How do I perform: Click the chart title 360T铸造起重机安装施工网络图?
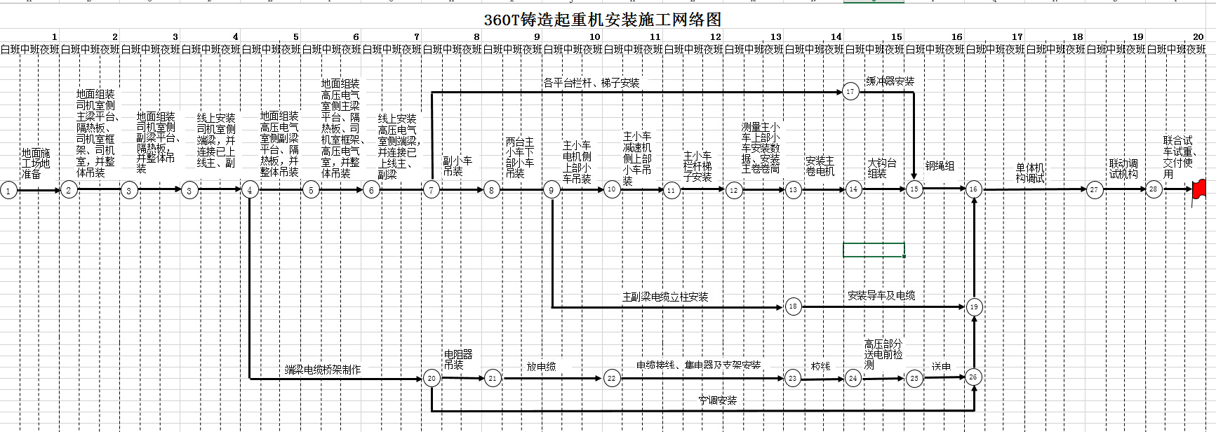602,20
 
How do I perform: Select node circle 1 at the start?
8,190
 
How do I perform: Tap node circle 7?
432,189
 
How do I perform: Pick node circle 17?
850,92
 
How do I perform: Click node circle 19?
973,306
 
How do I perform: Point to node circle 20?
432,378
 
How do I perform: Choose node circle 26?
973,377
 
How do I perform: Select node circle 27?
1094,189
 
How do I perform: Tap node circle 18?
793,306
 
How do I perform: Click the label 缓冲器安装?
890,81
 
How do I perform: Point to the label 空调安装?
717,400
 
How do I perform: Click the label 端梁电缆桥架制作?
323,370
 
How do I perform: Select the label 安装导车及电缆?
881,296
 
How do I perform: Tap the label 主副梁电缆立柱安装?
665,297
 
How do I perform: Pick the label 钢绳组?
940,166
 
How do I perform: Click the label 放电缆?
541,367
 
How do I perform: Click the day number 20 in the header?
1198,36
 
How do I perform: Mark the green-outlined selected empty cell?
874,250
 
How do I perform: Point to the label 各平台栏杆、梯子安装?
591,83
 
